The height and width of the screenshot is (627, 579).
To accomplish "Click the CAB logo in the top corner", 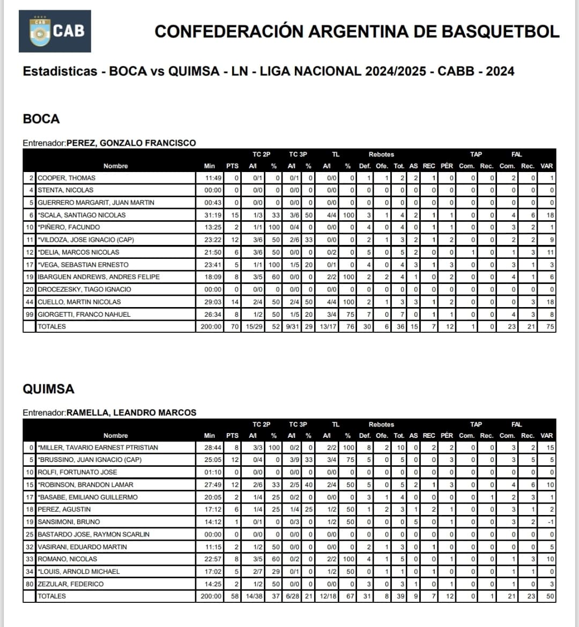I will [55, 31].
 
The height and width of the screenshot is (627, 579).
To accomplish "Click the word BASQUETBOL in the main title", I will [501, 31].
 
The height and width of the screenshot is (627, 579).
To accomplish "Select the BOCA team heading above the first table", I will [41, 119].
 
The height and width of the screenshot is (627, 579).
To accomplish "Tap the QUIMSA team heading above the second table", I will [48, 389].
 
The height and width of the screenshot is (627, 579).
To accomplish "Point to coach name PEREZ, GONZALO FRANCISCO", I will [131, 143].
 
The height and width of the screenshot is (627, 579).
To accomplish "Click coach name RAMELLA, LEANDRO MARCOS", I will [131, 413].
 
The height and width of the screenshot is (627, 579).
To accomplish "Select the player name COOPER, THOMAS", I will [66, 178].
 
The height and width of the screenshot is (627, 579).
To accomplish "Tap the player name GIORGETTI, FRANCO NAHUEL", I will [84, 315].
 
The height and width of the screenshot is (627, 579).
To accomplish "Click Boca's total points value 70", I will [233, 327].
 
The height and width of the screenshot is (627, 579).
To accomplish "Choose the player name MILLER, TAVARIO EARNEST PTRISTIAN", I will [98, 447].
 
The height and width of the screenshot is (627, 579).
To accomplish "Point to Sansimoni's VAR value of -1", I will [551, 522].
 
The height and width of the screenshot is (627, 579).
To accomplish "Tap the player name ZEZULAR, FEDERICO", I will [70, 584].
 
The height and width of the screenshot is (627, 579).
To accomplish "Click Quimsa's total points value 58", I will [233, 596].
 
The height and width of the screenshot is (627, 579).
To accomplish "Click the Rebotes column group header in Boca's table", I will [381, 154].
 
